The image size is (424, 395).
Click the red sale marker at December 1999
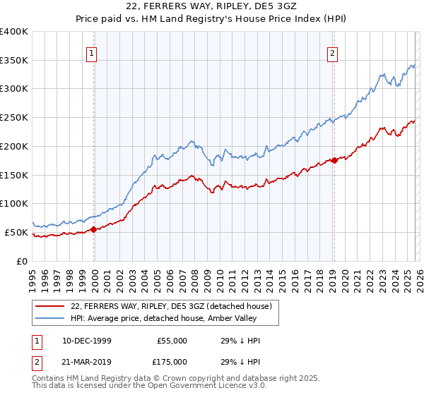coord(94,229)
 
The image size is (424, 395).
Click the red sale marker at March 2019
coord(334,161)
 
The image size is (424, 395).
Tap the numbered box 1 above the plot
coord(93,51)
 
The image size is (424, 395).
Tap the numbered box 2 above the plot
coord(332,51)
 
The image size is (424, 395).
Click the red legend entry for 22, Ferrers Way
coord(166,305)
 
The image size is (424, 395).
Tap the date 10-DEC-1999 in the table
coord(86,341)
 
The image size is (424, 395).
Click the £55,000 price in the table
coord(172,341)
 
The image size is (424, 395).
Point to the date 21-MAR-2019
coord(86,361)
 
